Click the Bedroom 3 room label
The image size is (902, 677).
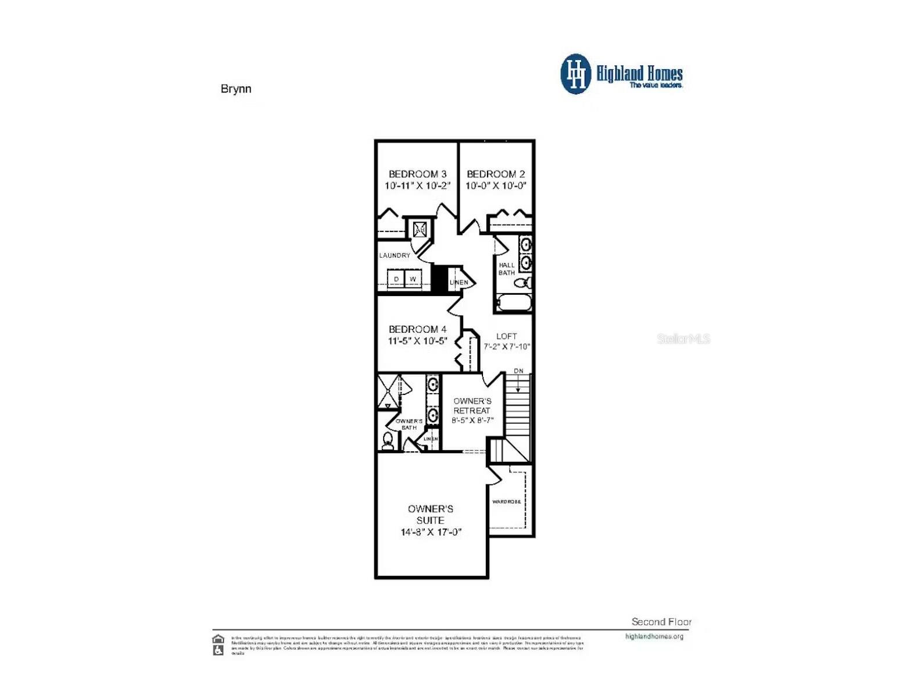[x=417, y=174]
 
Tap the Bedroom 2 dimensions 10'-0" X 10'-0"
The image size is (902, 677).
[x=496, y=186]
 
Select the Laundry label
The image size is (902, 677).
[x=395, y=255]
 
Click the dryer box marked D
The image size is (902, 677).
[x=396, y=279]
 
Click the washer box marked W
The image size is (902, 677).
[x=413, y=279]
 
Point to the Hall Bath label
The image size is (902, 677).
[x=506, y=269]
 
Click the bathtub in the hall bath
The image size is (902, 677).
[x=513, y=303]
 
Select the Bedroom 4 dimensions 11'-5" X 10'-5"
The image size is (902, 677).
[x=417, y=341]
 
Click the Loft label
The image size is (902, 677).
[x=506, y=336]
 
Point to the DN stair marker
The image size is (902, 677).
[x=518, y=371]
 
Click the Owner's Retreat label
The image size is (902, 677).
[x=472, y=405]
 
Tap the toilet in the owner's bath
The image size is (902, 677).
[x=388, y=441]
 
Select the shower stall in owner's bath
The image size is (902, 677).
[x=388, y=391]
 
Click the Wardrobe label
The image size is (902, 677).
[x=506, y=501]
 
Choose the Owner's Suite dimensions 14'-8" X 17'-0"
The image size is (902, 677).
[x=431, y=532]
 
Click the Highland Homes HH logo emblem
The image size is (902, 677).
[x=575, y=74]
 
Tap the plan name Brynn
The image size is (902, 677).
[x=236, y=89]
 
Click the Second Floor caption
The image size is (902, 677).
[x=661, y=622]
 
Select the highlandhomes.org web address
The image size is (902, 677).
[x=654, y=636]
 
